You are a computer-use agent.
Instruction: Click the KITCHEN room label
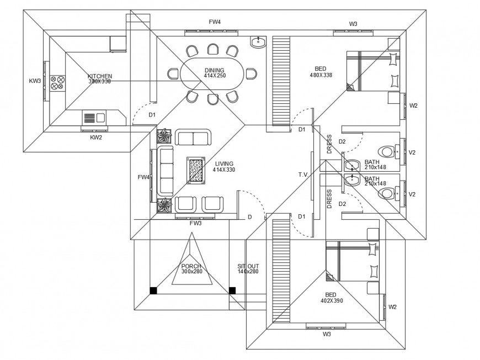pyautogui.click(x=100, y=76)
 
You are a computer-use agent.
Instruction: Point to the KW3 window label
pyautogui.click(x=35, y=81)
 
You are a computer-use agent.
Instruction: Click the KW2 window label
pyautogui.click(x=96, y=137)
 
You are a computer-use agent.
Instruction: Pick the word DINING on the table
pyautogui.click(x=214, y=70)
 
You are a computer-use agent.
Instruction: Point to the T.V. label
pyautogui.click(x=303, y=174)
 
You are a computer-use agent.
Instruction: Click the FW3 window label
pyautogui.click(x=195, y=224)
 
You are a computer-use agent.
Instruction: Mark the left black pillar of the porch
pyautogui.click(x=153, y=289)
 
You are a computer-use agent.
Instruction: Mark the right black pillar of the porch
pyautogui.click(x=232, y=289)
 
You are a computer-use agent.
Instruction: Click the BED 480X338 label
pyautogui.click(x=321, y=71)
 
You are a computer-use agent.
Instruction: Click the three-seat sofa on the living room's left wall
pyautogui.click(x=164, y=170)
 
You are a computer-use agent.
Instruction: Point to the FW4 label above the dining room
pyautogui.click(x=215, y=22)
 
